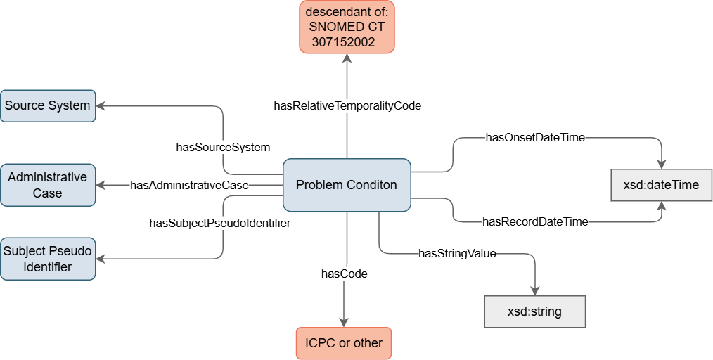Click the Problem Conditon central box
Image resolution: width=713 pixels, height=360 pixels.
[x=346, y=185]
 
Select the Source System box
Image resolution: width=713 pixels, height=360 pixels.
[x=47, y=105]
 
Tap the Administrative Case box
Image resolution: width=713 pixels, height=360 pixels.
[x=47, y=185]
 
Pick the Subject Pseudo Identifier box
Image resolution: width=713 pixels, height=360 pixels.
[x=47, y=258]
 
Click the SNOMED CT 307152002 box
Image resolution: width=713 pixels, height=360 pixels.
[x=347, y=27]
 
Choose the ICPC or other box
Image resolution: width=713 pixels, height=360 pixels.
[x=344, y=343]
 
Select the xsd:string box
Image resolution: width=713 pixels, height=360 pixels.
[x=534, y=311]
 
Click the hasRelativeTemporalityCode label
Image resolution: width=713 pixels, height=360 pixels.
[x=347, y=106]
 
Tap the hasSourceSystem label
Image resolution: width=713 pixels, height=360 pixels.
[x=223, y=147]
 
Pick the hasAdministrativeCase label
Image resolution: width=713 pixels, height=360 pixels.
[x=189, y=185]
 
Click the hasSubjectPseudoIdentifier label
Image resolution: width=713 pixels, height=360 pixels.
[x=220, y=223]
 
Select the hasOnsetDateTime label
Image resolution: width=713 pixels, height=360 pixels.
[x=535, y=138]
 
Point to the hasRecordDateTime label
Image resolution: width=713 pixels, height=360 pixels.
[x=534, y=221]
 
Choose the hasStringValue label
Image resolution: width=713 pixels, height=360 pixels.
[x=457, y=254]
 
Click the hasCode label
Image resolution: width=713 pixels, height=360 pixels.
[x=345, y=274]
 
